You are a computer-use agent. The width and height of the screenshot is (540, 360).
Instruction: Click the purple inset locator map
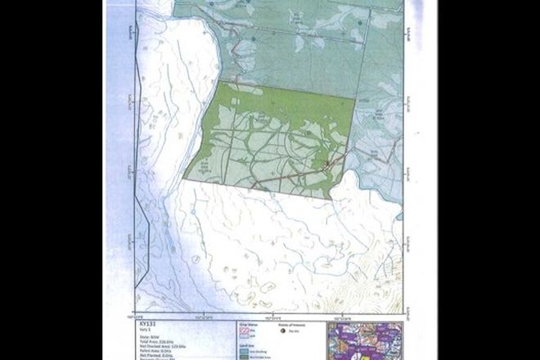pos(364,340)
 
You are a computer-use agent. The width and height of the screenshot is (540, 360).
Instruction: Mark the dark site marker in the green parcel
pos(327,166)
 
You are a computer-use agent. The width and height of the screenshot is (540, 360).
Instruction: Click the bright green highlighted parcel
pos(270,139)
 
